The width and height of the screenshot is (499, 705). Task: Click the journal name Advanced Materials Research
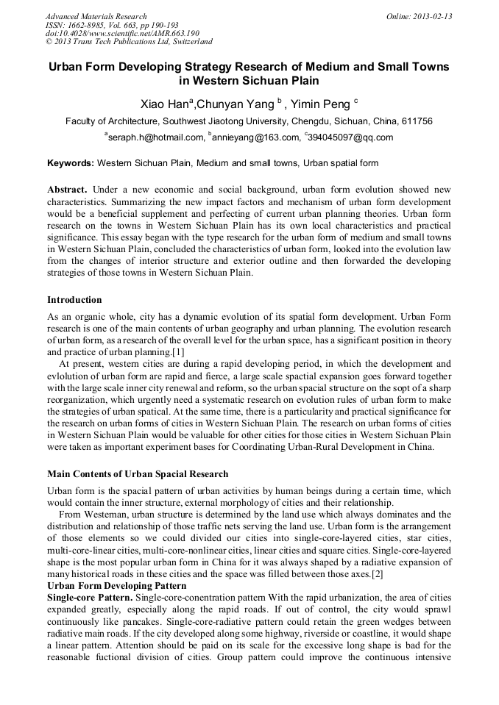click(x=96, y=16)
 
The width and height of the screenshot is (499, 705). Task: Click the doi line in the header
click(x=122, y=33)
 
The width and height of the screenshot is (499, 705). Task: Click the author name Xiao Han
click(x=166, y=104)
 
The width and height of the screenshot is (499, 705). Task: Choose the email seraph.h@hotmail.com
click(x=156, y=137)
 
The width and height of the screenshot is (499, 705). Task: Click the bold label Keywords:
click(x=71, y=162)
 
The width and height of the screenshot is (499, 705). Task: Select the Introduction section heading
click(x=74, y=300)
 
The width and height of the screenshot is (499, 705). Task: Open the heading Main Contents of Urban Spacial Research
click(x=138, y=473)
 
